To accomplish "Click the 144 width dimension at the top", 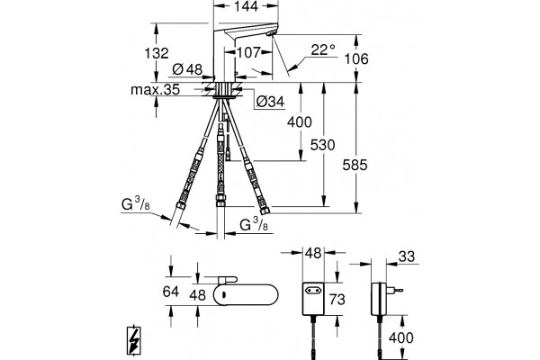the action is (247, 6).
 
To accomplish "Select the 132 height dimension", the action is (157, 53).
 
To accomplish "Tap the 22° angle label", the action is (323, 49).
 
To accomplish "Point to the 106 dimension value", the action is (356, 58).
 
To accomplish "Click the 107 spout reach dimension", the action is (248, 52).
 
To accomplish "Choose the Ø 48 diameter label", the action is (187, 69).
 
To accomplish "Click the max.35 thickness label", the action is (156, 90).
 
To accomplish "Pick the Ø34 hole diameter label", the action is (271, 102).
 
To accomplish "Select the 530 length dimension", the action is (322, 145).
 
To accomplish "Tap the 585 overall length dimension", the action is (355, 165).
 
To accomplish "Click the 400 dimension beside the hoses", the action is (300, 122).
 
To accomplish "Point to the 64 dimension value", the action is (171, 292).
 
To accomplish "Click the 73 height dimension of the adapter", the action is (337, 299).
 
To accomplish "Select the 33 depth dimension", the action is (407, 256).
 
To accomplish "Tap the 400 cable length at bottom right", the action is (400, 337).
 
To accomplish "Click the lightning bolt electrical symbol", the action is (133, 339).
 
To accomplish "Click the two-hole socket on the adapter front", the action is (313, 291).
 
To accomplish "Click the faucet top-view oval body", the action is (245, 295).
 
